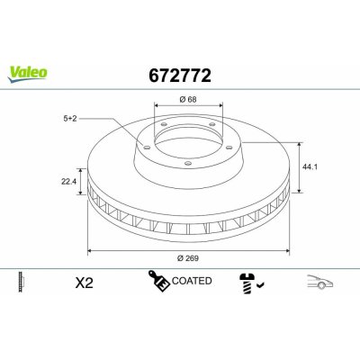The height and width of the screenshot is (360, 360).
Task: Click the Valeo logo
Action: pos(27,74)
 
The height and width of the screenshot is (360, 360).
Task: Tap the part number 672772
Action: pos(180,76)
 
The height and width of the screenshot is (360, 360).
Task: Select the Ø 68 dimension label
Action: pos(188,99)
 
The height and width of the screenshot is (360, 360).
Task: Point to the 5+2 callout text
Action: pos(70,119)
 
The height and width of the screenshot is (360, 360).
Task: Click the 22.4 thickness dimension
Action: pos(69,181)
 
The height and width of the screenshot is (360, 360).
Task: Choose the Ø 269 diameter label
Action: pos(188,258)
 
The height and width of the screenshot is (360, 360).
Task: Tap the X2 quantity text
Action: pos(84,283)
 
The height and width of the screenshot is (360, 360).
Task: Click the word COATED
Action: pos(192,281)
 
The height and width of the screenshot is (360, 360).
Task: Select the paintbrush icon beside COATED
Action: pos(159,281)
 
